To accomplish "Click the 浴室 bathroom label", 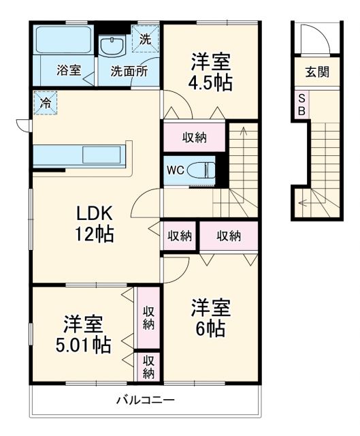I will [69, 70].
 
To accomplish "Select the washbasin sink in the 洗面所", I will [112, 45].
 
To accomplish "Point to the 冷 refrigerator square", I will [44, 104].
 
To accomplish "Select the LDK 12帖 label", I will [94, 223].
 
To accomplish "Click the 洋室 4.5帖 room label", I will [210, 72].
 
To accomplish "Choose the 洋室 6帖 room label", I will [210, 317].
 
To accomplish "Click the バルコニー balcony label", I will [144, 400].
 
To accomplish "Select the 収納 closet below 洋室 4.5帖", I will [195, 138].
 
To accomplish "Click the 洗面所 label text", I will [129, 70].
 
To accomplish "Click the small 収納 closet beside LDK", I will [180, 236].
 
